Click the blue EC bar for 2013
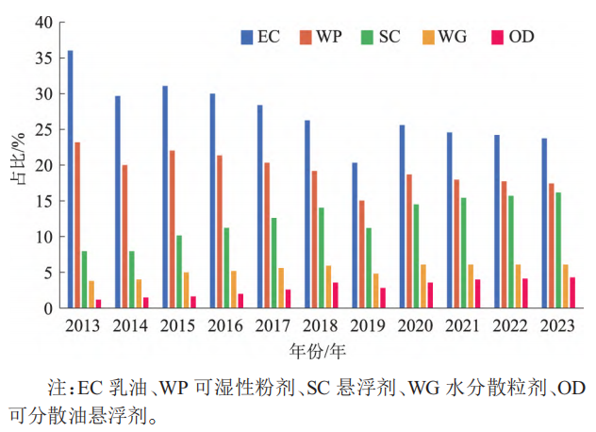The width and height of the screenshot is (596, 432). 71,179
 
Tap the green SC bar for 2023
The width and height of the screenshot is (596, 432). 558,250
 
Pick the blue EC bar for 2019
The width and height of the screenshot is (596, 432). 355,235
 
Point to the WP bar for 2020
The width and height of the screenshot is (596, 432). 409,241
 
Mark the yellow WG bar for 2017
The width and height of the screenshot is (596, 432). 282,288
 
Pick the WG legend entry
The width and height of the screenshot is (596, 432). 446,37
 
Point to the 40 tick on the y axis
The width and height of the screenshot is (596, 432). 43,23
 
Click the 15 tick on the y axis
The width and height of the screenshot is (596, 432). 43,201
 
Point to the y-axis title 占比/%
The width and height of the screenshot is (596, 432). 18,165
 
